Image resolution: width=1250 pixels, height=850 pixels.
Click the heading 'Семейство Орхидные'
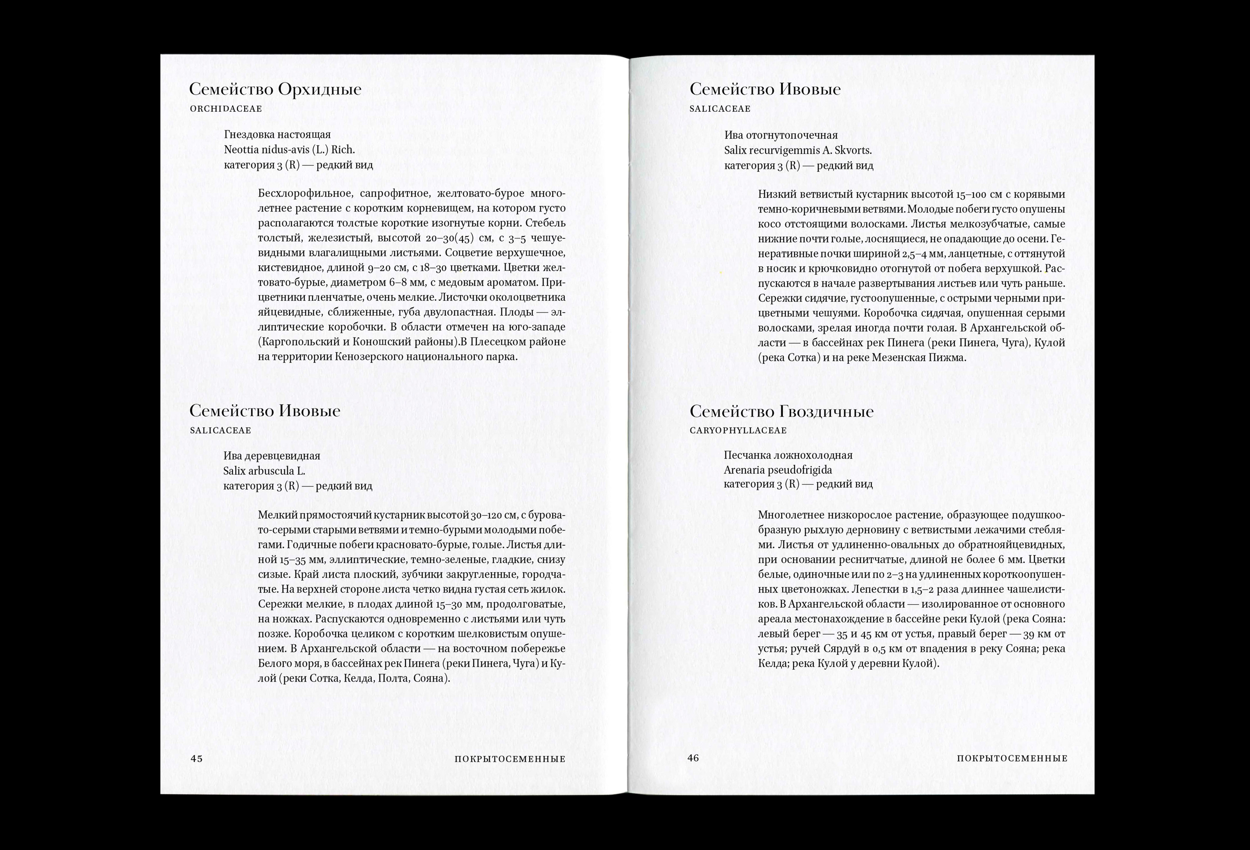pyautogui.click(x=275, y=89)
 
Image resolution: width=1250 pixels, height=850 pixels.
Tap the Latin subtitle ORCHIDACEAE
pyautogui.click(x=226, y=109)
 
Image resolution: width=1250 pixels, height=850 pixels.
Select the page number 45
pyautogui.click(x=196, y=759)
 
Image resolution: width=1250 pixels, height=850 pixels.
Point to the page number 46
pyautogui.click(x=693, y=758)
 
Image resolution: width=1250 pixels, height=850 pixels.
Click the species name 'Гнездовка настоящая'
pyautogui.click(x=277, y=134)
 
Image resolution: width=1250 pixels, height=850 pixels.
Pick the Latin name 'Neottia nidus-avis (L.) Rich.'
pyautogui.click(x=289, y=150)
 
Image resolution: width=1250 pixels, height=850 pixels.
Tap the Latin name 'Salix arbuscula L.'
pyautogui.click(x=264, y=471)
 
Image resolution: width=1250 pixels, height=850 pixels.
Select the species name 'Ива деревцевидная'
pyautogui.click(x=271, y=456)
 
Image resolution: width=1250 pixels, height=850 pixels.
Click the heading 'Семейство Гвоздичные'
pyautogui.click(x=782, y=412)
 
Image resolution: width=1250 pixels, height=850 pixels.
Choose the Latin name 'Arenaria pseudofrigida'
pyautogui.click(x=778, y=470)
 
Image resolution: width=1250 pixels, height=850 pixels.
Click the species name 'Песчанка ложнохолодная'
pyautogui.click(x=788, y=455)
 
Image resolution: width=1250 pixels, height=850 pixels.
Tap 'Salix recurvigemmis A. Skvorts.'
pyautogui.click(x=798, y=150)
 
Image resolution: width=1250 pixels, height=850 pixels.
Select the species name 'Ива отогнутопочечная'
pyautogui.click(x=781, y=135)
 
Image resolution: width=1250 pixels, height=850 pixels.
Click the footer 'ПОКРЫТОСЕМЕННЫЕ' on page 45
pyautogui.click(x=510, y=759)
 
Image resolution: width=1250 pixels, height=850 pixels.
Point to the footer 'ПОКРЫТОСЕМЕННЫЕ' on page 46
pyautogui.click(x=1012, y=759)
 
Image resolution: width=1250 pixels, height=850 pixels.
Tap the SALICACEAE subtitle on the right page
pyautogui.click(x=720, y=109)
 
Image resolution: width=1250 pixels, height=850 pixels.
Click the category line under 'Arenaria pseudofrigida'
pyautogui.click(x=798, y=484)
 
